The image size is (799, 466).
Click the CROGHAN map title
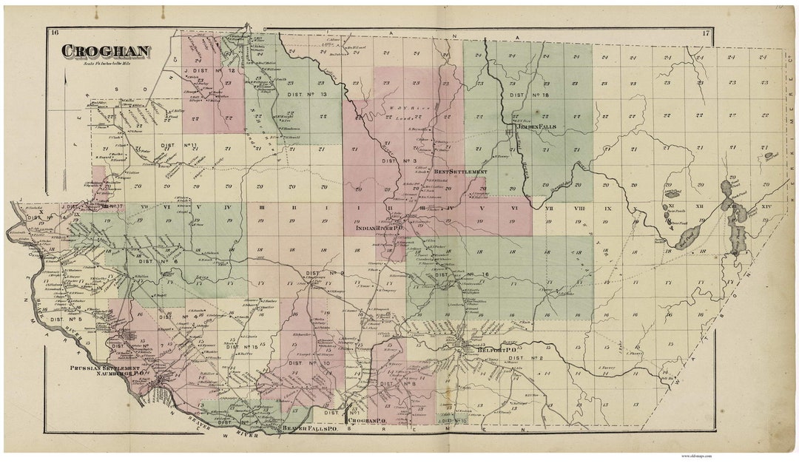[106, 51]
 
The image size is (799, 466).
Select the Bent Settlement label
[445, 171]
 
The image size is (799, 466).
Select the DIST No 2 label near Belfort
[526, 358]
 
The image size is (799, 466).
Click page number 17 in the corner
[706, 33]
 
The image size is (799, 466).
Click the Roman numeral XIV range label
[766, 206]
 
